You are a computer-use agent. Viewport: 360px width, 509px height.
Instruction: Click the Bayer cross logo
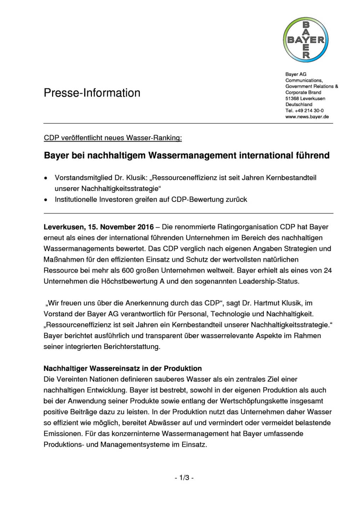click(x=306, y=40)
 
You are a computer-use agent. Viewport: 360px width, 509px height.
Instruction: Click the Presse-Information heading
click(x=92, y=93)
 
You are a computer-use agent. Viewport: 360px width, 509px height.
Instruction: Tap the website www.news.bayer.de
click(x=307, y=117)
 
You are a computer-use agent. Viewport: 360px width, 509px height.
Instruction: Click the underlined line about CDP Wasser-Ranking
click(x=113, y=138)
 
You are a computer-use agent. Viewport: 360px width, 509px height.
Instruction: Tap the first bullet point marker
click(x=45, y=178)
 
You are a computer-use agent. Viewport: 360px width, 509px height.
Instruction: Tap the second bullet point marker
click(x=45, y=200)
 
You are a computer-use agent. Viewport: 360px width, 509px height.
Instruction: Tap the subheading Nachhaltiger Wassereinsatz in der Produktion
click(x=123, y=368)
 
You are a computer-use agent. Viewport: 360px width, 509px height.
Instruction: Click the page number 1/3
click(x=184, y=478)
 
